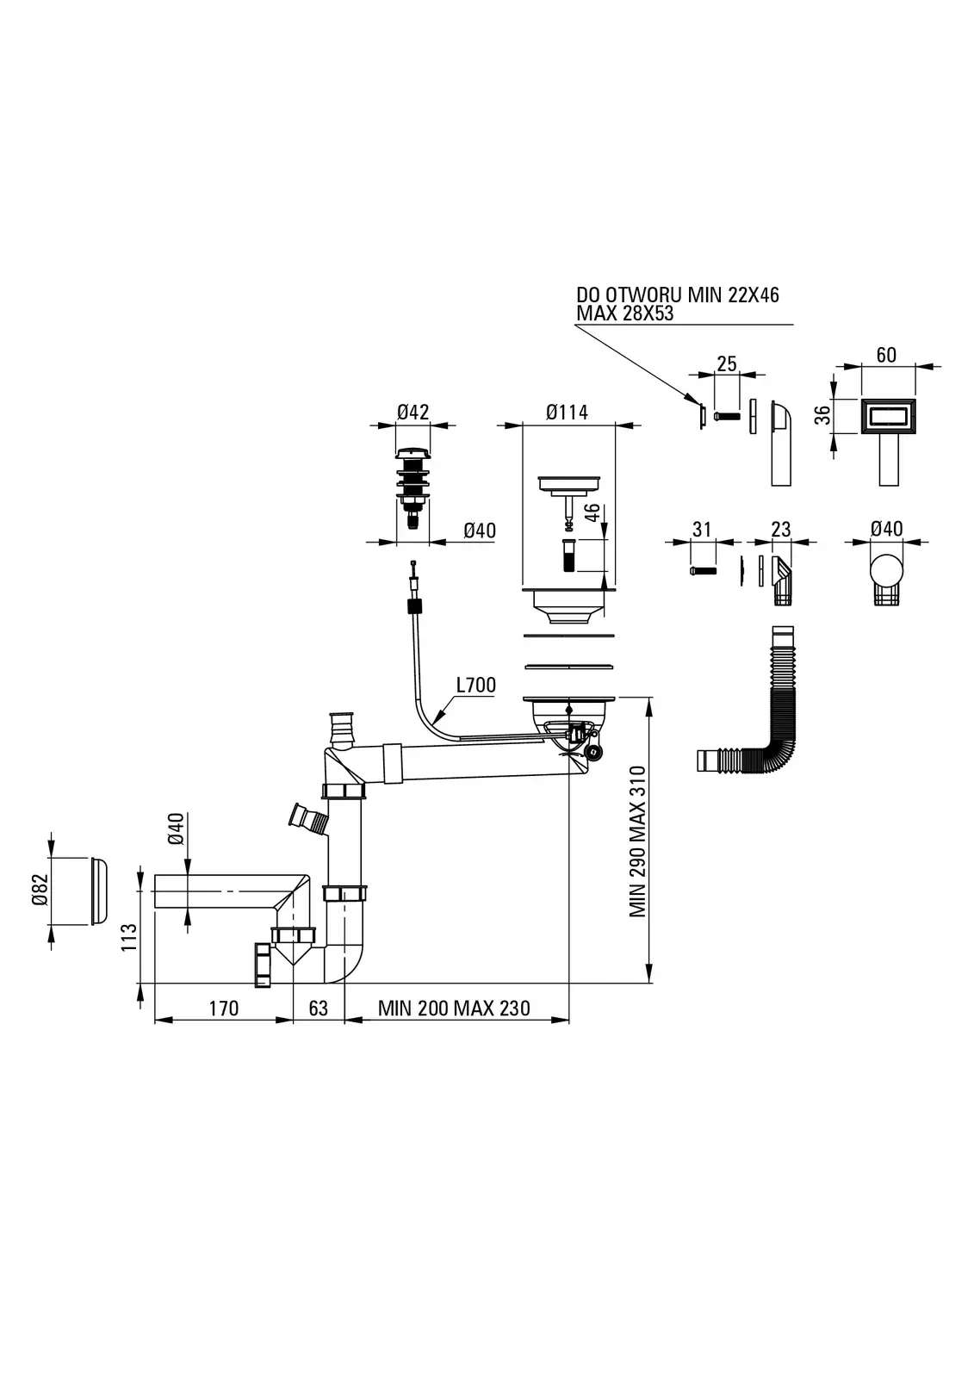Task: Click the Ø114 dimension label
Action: click(x=567, y=413)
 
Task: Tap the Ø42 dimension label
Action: click(x=413, y=413)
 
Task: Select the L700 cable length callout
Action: click(x=475, y=686)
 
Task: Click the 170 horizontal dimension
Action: click(x=223, y=1008)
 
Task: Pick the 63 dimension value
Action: click(x=318, y=1008)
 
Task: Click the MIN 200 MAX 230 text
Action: click(x=454, y=1008)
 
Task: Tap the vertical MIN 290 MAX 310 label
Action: click(x=638, y=841)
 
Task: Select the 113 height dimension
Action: click(x=128, y=937)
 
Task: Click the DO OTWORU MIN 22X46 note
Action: click(x=677, y=295)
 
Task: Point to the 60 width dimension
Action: click(x=885, y=355)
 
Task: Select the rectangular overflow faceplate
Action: click(x=887, y=418)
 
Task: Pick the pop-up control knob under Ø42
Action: click(x=413, y=482)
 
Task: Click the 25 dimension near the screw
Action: click(x=727, y=363)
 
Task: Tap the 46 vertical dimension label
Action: click(x=592, y=515)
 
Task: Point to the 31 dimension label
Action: click(x=702, y=529)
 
